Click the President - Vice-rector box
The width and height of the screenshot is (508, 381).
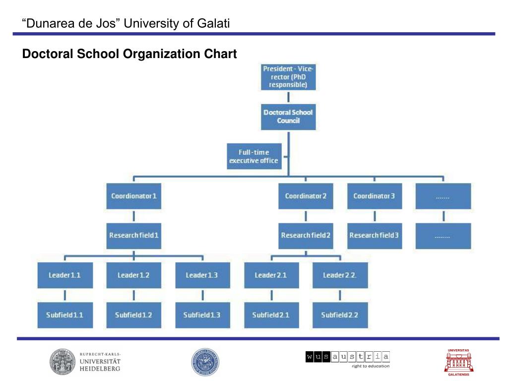[x=288, y=77]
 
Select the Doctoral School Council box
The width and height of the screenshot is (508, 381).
[x=288, y=117]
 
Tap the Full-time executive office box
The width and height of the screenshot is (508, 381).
[x=254, y=156]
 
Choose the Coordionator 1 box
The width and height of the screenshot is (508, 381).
[x=134, y=196]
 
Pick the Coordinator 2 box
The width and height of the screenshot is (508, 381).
[x=306, y=196]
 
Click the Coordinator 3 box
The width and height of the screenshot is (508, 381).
[x=374, y=196]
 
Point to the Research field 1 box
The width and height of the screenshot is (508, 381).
[x=134, y=235]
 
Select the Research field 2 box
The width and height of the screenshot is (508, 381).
[x=306, y=235]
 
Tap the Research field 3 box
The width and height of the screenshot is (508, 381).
[x=374, y=235]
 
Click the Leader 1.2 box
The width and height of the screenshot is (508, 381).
[x=133, y=275]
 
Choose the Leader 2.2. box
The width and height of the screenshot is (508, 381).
[x=340, y=275]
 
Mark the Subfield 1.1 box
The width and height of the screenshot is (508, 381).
[x=65, y=315]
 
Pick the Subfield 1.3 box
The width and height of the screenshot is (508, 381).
[x=202, y=315]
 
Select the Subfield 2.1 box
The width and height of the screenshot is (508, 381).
[x=271, y=315]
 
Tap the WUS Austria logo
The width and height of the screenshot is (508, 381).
[x=348, y=359]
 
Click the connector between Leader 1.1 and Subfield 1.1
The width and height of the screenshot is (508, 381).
[x=65, y=295]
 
